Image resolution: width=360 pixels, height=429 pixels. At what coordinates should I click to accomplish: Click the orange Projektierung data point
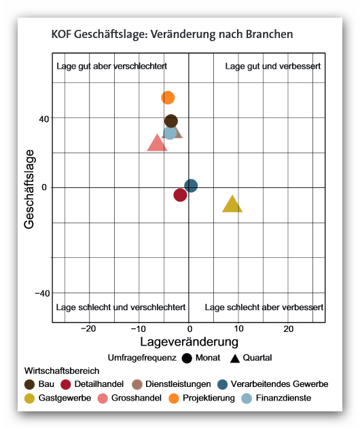click(x=168, y=98)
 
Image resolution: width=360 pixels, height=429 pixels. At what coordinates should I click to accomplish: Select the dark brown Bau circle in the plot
click(x=171, y=122)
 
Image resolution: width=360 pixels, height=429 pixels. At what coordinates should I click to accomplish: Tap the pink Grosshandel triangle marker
click(x=157, y=143)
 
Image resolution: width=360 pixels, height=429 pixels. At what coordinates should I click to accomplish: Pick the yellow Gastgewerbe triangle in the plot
click(x=232, y=204)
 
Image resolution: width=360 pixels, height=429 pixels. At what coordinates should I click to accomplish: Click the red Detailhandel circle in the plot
click(x=180, y=195)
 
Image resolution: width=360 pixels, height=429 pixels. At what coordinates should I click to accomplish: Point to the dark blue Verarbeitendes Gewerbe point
click(x=191, y=186)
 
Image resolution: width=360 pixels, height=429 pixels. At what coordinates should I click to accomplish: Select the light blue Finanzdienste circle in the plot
click(x=170, y=133)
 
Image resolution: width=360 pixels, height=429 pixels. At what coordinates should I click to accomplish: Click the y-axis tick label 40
click(x=43, y=119)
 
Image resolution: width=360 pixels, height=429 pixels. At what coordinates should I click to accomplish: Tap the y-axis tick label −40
click(x=42, y=294)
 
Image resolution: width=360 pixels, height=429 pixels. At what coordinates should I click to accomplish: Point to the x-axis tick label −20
click(x=88, y=329)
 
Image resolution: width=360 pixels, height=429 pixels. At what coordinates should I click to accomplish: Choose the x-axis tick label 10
click(x=238, y=329)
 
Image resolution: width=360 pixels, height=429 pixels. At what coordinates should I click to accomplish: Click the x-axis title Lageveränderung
click(x=190, y=342)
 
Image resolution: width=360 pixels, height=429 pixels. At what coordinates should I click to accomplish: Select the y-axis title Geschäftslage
click(x=29, y=189)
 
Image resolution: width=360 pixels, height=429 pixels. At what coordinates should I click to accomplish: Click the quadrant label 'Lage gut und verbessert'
click(x=273, y=67)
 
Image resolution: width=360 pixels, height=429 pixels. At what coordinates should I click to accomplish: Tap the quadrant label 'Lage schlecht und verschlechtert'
click(x=121, y=307)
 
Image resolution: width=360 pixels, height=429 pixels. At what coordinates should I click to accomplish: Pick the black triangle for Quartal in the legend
click(x=235, y=358)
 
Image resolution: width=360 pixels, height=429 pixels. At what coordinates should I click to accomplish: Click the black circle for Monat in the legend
click(x=187, y=358)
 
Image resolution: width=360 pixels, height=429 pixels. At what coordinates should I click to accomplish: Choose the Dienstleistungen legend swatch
click(x=137, y=384)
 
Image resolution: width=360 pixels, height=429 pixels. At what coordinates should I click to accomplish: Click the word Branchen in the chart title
click(x=270, y=34)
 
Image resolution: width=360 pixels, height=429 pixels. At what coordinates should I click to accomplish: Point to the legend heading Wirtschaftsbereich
click(x=62, y=371)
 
